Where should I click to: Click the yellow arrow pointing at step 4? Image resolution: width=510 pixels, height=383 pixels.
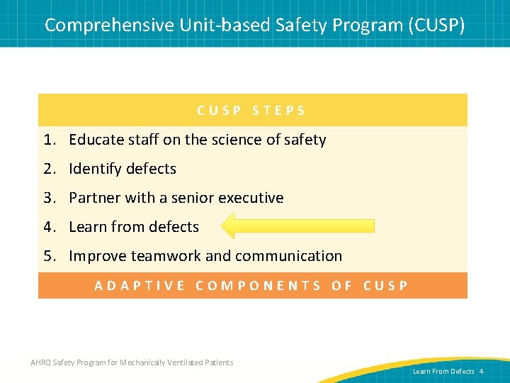tap(297, 226)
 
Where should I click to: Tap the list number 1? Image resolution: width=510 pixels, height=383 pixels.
tap(47, 140)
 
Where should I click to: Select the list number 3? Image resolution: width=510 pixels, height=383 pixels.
tap(47, 198)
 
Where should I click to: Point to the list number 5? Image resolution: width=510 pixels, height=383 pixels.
tap(47, 256)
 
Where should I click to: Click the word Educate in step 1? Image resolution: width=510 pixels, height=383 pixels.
tap(94, 140)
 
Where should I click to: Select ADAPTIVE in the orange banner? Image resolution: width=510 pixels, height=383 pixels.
tap(140, 286)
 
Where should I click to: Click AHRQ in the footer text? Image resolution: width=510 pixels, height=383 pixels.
tap(40, 362)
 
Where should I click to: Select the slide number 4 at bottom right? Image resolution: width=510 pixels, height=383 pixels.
tap(481, 371)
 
